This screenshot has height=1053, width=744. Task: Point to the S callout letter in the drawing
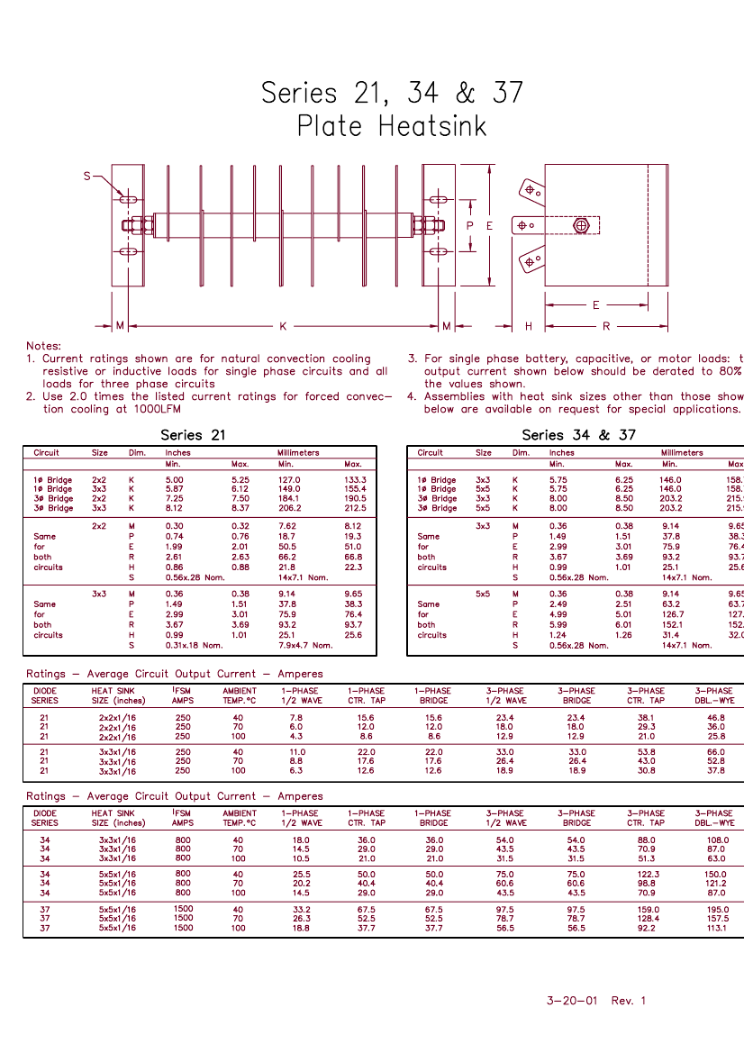coord(87,177)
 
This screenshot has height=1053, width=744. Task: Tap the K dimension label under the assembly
coord(282,325)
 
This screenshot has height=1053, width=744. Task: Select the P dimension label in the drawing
coord(470,226)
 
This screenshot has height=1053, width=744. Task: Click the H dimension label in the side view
coord(529,326)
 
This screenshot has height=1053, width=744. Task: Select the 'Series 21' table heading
coord(194,435)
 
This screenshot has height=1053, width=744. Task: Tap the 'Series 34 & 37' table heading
coord(578,435)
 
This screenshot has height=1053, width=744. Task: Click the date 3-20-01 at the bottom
coord(571,1001)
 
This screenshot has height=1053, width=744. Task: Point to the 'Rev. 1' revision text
coord(628,1001)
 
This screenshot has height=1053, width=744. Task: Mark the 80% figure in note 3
coord(730,371)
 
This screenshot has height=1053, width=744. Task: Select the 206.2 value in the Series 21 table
coord(290,508)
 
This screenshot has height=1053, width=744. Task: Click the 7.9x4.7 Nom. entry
coord(305,645)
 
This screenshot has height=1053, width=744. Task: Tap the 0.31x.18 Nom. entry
coord(194,645)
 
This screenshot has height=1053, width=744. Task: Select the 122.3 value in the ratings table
coord(648,874)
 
